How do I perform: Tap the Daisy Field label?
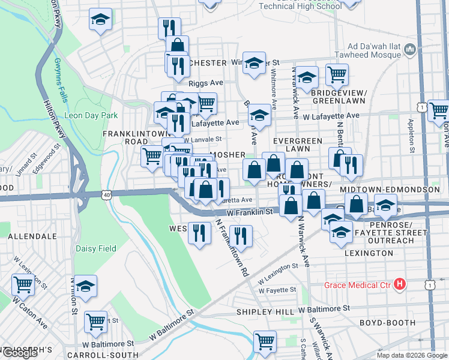tap(95, 248)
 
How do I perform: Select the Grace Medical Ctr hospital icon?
tap(400, 284)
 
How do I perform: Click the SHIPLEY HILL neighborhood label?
tap(265, 312)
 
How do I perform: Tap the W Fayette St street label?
tap(277, 290)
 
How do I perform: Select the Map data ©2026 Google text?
tap(412, 355)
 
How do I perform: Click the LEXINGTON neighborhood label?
tap(369, 253)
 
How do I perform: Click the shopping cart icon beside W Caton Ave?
tap(23, 284)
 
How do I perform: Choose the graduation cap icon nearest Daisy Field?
tap(86, 286)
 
